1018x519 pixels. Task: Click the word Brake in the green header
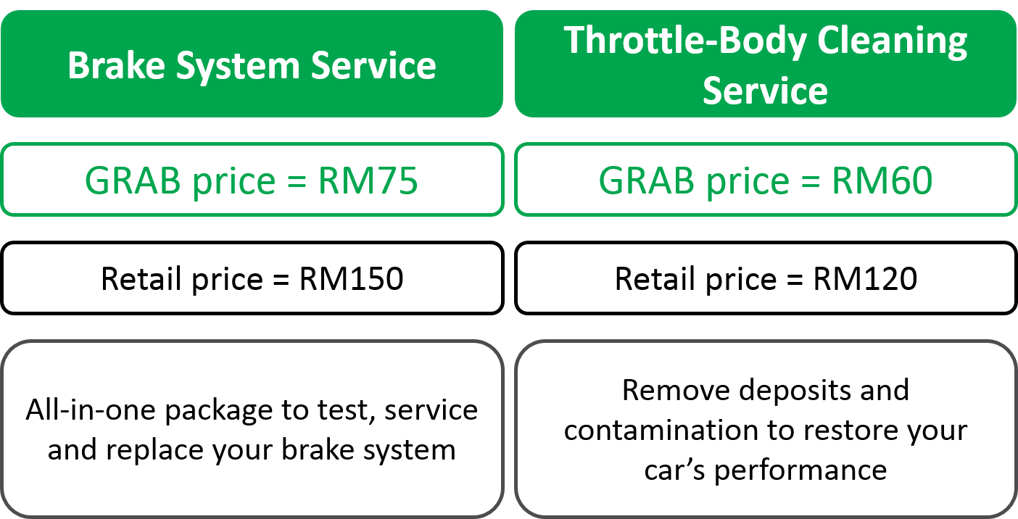(116, 65)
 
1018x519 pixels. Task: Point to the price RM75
(368, 180)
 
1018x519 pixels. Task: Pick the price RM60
(882, 180)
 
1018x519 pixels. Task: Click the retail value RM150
(352, 278)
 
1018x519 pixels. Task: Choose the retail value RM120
(865, 278)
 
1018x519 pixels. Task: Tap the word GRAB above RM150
(133, 180)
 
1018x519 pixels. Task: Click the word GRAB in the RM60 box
(647, 180)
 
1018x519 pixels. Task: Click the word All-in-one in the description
(91, 410)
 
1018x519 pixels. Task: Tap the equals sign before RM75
(297, 181)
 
